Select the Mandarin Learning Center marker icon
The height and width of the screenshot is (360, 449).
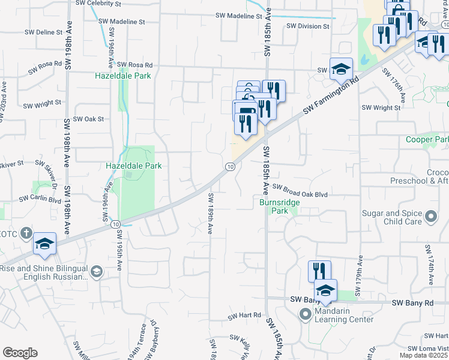tap(305, 314)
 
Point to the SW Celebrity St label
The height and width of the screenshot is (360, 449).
tap(98, 4)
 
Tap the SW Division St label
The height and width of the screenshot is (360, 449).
tap(309, 26)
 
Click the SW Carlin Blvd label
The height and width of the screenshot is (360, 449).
tap(40, 198)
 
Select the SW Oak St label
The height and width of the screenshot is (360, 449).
tap(89, 119)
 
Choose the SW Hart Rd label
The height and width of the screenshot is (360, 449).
tap(244, 315)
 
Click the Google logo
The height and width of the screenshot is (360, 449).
tap(20, 353)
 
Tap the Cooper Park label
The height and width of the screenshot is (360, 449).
tap(427, 140)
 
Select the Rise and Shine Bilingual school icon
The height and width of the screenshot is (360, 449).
tap(96, 272)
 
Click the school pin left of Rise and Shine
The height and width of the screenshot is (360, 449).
tap(44, 244)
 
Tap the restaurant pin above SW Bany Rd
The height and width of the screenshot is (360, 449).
tap(319, 271)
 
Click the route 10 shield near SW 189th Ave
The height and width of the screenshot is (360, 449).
tap(230, 166)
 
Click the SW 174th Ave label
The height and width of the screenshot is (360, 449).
tap(430, 265)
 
